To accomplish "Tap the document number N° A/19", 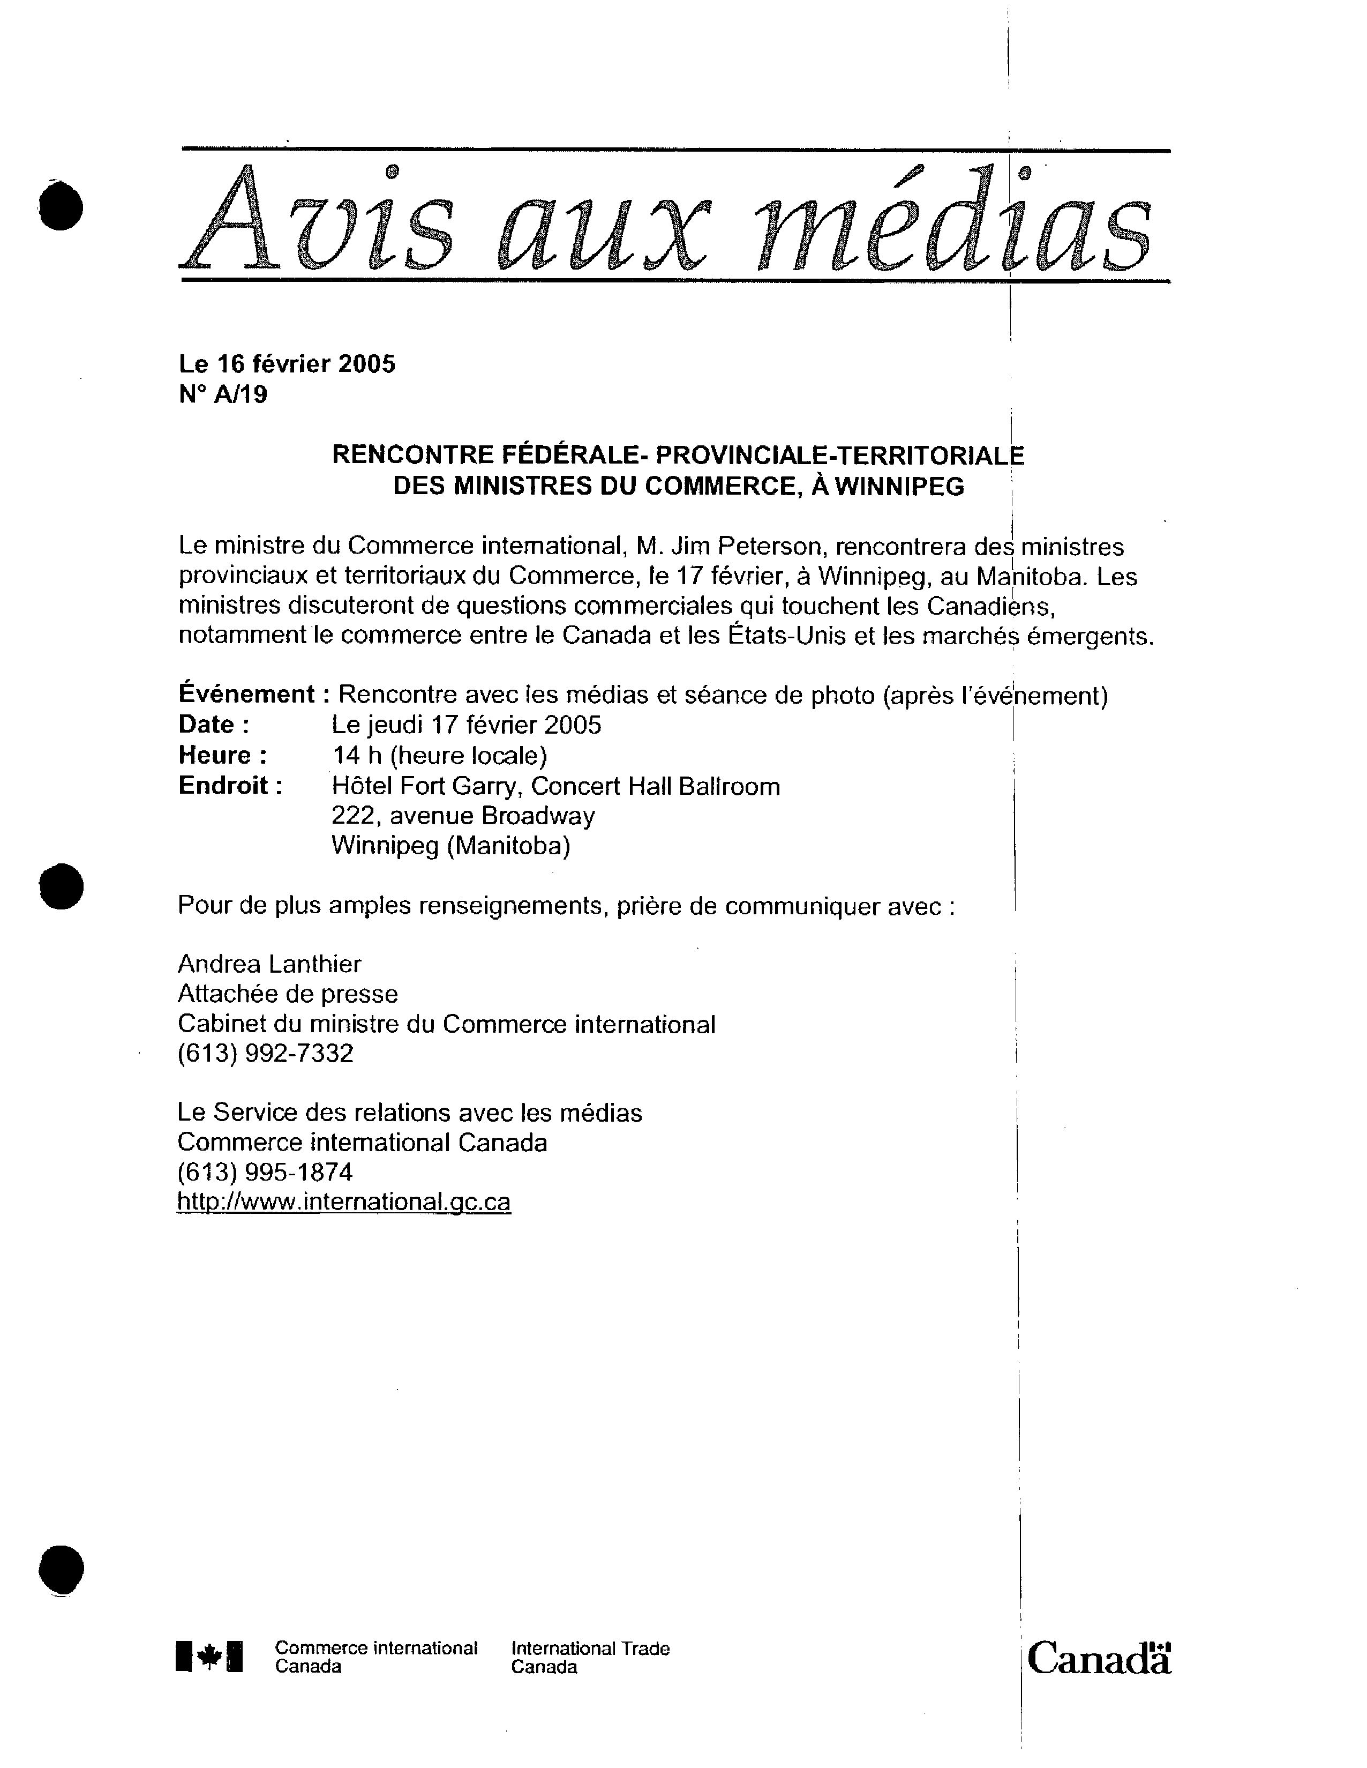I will tap(223, 395).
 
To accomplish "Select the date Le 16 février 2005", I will tap(287, 364).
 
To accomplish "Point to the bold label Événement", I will tap(246, 695).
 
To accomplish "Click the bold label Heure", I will tap(223, 755).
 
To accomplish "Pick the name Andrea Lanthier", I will tap(269, 964).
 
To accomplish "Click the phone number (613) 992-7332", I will tap(266, 1053).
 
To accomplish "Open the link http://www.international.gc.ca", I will tap(344, 1202).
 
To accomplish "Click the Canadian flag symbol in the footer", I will tap(209, 1657).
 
